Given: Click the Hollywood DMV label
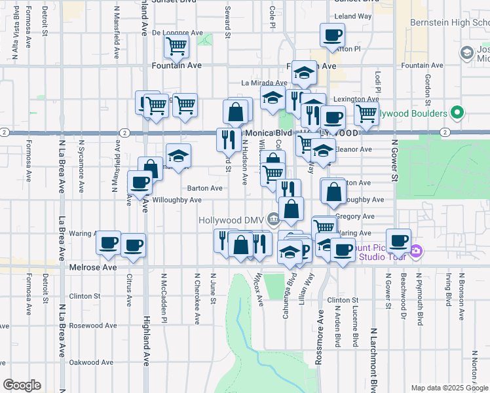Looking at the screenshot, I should point(231,220).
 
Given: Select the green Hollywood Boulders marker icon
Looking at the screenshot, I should point(458,113).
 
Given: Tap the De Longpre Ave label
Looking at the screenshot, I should point(178,31).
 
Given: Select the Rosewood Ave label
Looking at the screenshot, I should point(93,326).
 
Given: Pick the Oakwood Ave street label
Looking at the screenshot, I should point(92,362).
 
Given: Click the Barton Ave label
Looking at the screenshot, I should point(204,188).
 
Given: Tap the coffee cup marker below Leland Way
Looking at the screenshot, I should point(331,35).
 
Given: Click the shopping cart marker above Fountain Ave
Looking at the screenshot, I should point(176,47).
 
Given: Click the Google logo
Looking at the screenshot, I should point(22,385).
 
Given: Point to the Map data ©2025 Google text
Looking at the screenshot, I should point(448,388).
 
